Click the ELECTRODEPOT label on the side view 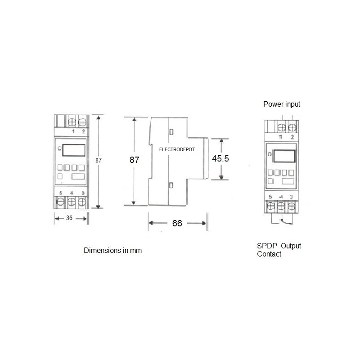click(x=177, y=149)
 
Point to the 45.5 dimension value click(x=220, y=159)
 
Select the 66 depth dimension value click(x=177, y=223)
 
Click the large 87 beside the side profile click(x=134, y=160)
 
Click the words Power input click(x=282, y=104)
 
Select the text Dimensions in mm click(x=113, y=250)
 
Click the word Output click(x=291, y=246)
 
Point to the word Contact click(x=269, y=254)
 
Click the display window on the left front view click(x=73, y=150)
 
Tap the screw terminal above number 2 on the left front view click(x=82, y=121)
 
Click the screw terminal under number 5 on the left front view click(x=60, y=203)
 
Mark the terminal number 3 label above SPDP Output click(x=292, y=197)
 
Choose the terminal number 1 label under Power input click(x=281, y=136)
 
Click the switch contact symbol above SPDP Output click(x=282, y=220)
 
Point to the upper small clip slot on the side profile click(x=171, y=131)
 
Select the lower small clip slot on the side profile click(x=171, y=185)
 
